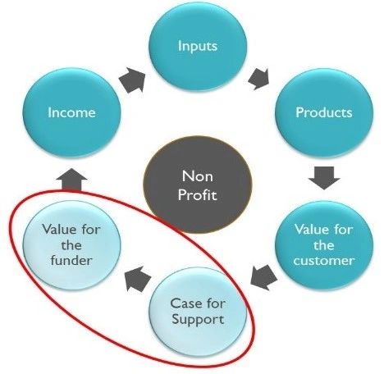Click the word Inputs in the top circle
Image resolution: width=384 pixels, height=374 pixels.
pos(198,46)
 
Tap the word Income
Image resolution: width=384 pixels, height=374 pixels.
pos(71,112)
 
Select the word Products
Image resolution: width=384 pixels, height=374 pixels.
pos(324,112)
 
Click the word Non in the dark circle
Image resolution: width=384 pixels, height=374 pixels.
pos(198,176)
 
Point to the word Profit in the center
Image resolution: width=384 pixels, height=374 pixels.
pos(197,194)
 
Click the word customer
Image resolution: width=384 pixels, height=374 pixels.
pos(324,261)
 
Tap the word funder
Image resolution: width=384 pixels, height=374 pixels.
pos(71,260)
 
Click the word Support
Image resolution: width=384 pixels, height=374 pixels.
pos(198,319)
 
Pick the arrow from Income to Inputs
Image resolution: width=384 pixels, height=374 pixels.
pos(133,81)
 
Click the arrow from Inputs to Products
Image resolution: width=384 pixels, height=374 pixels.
pos(258,79)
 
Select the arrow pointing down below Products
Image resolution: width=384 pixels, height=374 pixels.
pos(324,178)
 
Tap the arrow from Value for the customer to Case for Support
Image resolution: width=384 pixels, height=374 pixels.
pos(263,277)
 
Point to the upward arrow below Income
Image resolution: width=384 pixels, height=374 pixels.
pos(71,180)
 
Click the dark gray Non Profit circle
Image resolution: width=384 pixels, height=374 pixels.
pos(198,185)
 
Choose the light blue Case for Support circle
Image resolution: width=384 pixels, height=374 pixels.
pos(198,312)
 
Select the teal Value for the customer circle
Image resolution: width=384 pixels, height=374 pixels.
pos(324,245)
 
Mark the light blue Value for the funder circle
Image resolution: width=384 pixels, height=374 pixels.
pos(71,245)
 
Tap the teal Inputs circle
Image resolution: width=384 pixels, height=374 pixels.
pos(198,47)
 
